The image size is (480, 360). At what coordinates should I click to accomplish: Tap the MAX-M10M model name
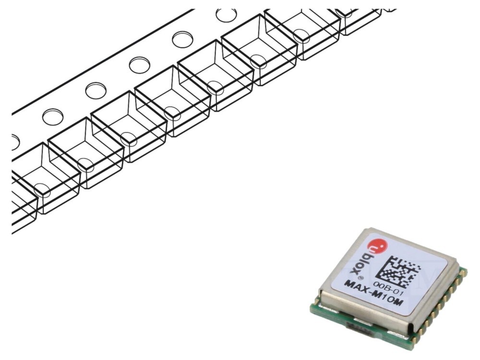[x=374, y=293]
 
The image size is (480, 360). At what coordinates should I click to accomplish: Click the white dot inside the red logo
[x=382, y=245]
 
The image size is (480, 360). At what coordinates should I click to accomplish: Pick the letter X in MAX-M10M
[x=365, y=289]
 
